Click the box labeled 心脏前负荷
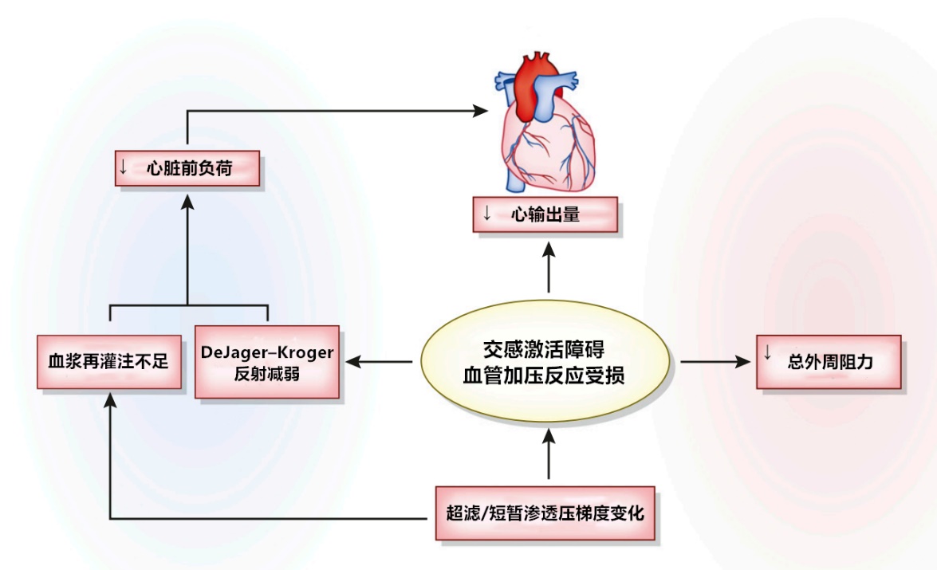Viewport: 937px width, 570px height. click(x=187, y=168)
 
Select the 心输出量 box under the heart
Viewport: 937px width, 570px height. click(x=545, y=214)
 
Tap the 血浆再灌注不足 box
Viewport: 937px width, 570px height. click(x=109, y=361)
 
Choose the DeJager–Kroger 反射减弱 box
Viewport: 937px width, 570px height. click(x=267, y=362)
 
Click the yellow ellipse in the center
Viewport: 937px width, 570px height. click(x=545, y=361)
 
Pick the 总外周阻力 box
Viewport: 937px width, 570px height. click(x=829, y=362)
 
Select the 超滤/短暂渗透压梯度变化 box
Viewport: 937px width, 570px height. click(x=545, y=513)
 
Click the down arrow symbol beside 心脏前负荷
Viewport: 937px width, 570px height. click(x=123, y=167)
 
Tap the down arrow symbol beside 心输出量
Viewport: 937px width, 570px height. click(x=487, y=214)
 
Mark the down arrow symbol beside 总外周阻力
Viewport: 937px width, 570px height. click(x=768, y=353)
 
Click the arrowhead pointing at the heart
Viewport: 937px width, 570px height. click(x=481, y=111)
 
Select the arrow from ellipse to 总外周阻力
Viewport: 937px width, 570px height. click(x=715, y=361)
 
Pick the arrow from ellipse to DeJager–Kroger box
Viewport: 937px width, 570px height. click(x=379, y=361)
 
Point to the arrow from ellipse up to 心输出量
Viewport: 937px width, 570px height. click(x=549, y=267)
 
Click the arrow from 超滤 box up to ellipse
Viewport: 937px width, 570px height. click(x=549, y=454)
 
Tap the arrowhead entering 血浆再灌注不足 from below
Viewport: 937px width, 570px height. click(x=110, y=400)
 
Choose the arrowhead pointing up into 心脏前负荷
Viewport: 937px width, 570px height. click(x=187, y=202)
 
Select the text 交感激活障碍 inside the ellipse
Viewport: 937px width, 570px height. click(x=544, y=349)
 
